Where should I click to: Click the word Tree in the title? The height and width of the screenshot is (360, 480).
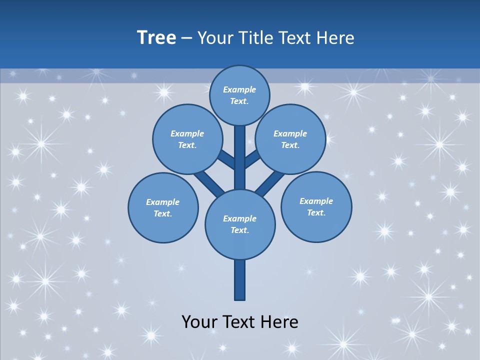point(156,38)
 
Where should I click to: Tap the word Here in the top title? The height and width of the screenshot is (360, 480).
point(336,38)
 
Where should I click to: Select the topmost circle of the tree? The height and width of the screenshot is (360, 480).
point(239,95)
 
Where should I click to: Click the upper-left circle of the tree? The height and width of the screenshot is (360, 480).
point(187,139)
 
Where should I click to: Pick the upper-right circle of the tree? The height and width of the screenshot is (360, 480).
point(290,139)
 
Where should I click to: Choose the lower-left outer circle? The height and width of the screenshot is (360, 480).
point(163,207)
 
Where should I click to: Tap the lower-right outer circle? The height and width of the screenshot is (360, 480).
point(316,206)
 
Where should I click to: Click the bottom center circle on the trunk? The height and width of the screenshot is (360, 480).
point(240,224)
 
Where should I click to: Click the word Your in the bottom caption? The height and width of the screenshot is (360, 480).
point(200,322)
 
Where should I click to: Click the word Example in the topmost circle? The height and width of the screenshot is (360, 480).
point(239,89)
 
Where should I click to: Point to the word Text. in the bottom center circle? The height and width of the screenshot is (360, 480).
point(239,230)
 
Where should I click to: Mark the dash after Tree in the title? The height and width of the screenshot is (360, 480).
point(187,38)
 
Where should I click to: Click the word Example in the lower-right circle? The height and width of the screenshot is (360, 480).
point(316,201)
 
